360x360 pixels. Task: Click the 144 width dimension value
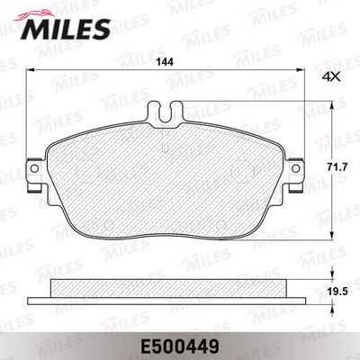(165, 62)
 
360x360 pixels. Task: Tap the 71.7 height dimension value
(338, 166)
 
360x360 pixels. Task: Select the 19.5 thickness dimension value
(338, 291)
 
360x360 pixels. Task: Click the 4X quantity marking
(331, 77)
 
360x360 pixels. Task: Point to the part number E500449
(179, 347)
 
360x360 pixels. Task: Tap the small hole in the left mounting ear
(34, 168)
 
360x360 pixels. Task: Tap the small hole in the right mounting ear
(295, 168)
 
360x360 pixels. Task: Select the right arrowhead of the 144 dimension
(301, 70)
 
